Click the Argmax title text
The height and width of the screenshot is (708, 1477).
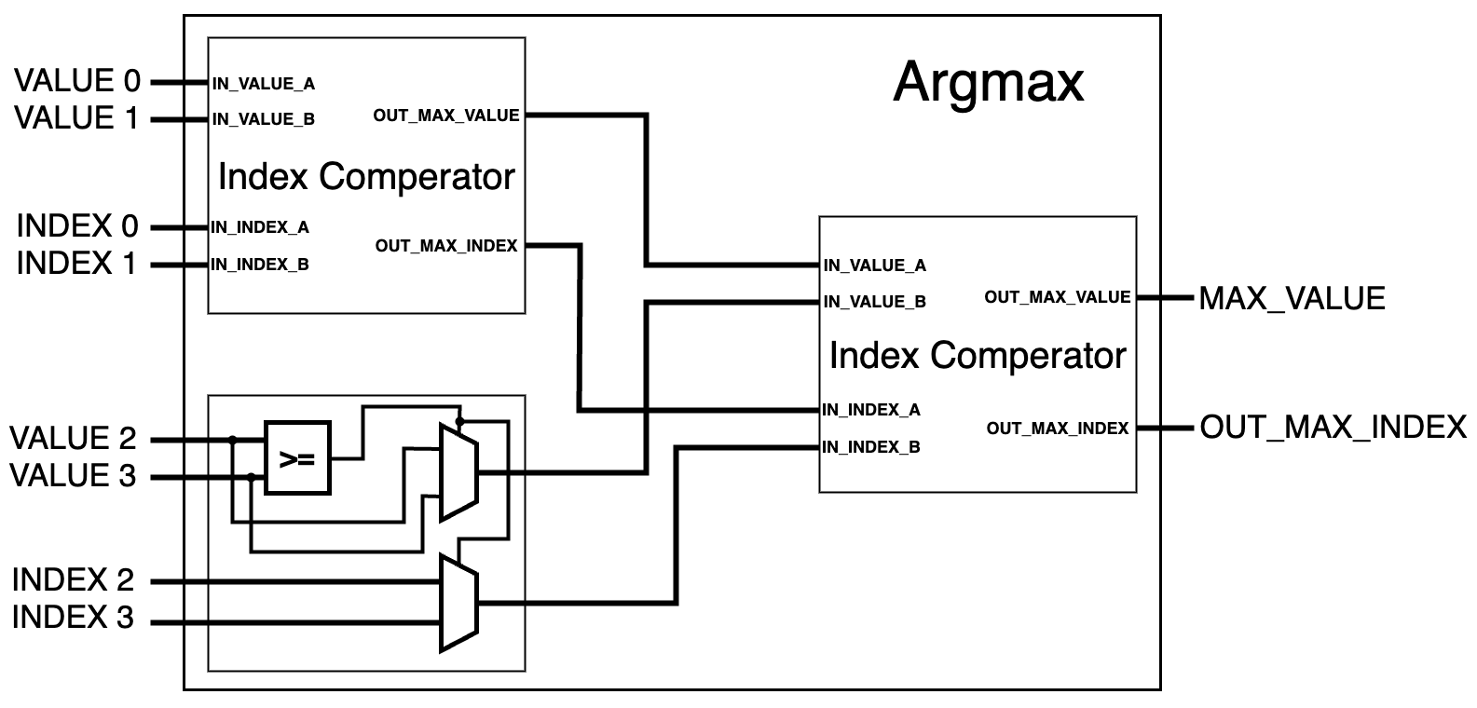(x=988, y=81)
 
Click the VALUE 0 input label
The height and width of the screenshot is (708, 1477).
(x=77, y=82)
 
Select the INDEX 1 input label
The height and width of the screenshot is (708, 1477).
(x=77, y=264)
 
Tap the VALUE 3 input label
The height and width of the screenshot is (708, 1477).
(x=74, y=476)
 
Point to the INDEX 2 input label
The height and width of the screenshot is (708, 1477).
(x=74, y=580)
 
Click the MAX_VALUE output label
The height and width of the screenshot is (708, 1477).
(x=1292, y=298)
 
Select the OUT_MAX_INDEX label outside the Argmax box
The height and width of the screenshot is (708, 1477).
(x=1333, y=428)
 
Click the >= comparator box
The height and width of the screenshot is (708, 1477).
(x=297, y=458)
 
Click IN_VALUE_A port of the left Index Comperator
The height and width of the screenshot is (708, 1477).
(x=264, y=84)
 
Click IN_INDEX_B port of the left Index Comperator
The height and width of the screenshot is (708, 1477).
(x=260, y=265)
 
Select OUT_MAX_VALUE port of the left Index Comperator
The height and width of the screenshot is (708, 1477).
(x=445, y=116)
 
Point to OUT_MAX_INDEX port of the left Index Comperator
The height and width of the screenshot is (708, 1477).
(x=445, y=246)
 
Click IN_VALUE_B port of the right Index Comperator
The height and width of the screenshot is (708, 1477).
(x=874, y=302)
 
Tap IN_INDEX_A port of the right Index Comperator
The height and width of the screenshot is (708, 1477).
(x=870, y=410)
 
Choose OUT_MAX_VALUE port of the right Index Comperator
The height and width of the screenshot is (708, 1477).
(x=1057, y=297)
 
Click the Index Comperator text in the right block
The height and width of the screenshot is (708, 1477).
(x=977, y=355)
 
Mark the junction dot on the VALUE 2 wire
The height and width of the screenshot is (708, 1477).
(x=233, y=439)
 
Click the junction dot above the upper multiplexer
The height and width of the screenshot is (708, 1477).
(x=459, y=421)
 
